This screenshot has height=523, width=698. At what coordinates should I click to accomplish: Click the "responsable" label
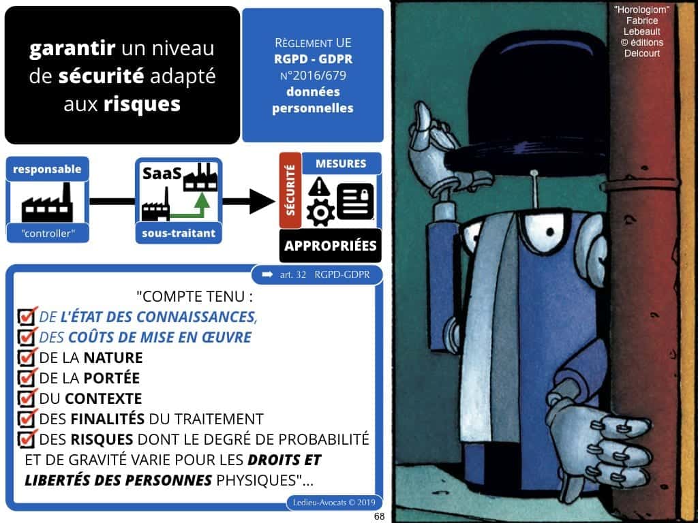(x=46, y=170)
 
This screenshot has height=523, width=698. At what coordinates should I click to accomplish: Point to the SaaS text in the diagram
(x=162, y=174)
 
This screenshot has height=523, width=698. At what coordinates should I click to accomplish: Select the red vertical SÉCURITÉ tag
(x=289, y=189)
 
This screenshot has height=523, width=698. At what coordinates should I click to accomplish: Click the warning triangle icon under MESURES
(x=319, y=186)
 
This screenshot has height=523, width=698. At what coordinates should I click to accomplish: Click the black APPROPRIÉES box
(x=331, y=246)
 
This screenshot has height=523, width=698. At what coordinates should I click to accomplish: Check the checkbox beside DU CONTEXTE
(x=28, y=398)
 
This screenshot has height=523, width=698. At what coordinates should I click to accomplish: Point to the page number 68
(x=379, y=516)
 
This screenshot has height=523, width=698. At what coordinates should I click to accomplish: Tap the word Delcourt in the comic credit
(x=642, y=53)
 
